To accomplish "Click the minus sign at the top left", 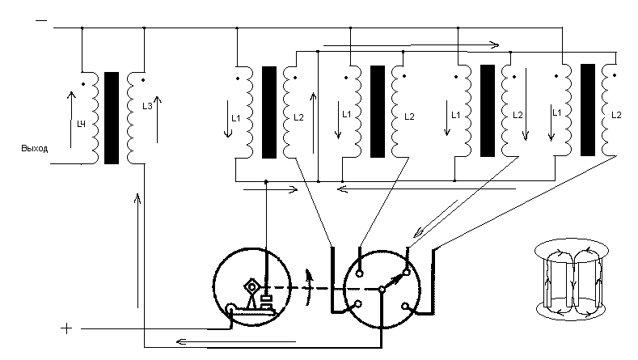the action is (41, 20).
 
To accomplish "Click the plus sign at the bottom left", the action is (66, 328).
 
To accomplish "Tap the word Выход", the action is (35, 149).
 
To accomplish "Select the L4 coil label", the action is (82, 124).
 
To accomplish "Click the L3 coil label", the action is (147, 106).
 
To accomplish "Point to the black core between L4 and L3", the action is (112, 118).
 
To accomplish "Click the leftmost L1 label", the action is (236, 118).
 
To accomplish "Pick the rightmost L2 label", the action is (616, 115).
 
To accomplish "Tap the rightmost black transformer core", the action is (588, 110).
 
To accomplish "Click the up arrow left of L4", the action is (71, 120).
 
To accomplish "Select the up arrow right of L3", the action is (158, 119).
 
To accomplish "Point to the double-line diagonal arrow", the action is (436, 218).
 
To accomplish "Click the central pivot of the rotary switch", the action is (382, 290).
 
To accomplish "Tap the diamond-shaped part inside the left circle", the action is (251, 287).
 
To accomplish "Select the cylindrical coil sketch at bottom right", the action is (572, 279).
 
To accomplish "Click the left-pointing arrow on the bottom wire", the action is (236, 341).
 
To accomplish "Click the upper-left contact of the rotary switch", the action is (360, 273).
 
